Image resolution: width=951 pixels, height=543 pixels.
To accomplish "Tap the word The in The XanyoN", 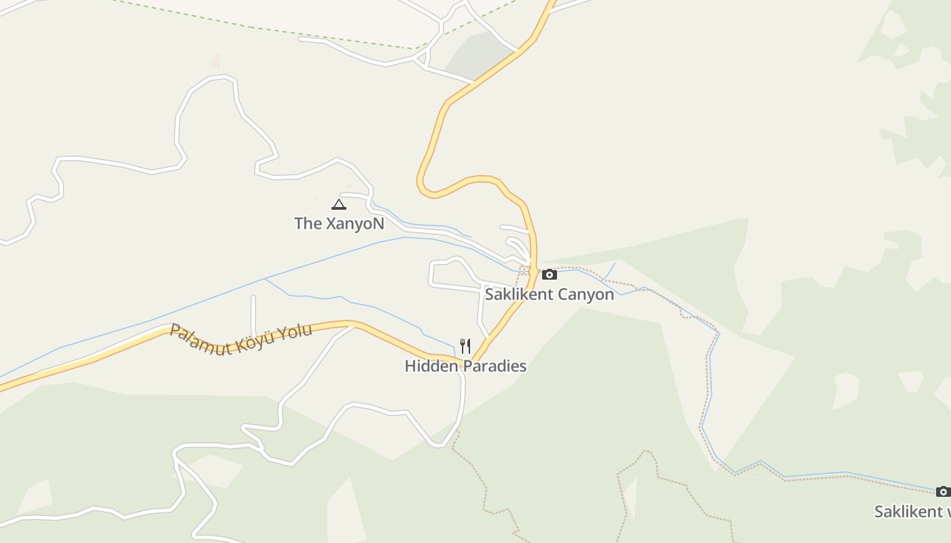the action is click(308, 223).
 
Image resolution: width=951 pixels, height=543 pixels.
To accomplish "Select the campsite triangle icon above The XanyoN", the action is click(338, 204).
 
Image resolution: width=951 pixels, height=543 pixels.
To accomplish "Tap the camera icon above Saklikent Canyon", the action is click(549, 275).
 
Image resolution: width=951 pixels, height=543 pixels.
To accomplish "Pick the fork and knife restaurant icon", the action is click(465, 346).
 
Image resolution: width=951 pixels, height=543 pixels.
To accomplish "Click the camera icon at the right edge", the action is click(943, 492).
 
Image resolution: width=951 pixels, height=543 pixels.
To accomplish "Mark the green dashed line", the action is click(272, 30).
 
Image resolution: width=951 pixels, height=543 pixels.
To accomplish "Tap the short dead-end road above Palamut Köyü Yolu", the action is click(253, 316).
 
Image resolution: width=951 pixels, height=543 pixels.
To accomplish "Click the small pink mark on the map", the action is click(215, 62).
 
